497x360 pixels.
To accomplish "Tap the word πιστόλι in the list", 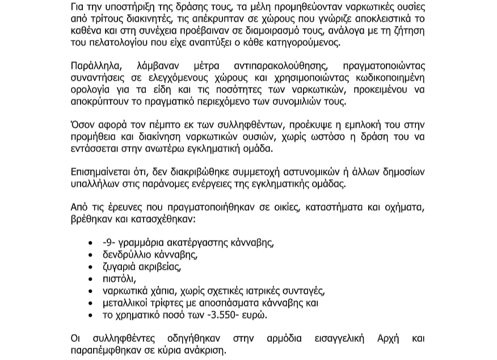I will pos(119,278).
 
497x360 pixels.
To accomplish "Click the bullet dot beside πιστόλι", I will pos(91,279).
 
